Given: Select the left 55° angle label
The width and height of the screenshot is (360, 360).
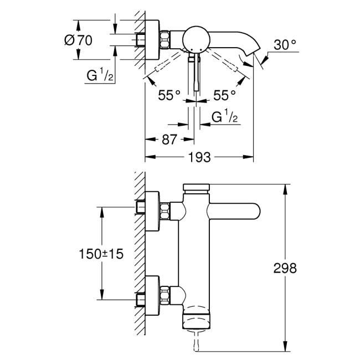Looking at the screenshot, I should coord(169,95).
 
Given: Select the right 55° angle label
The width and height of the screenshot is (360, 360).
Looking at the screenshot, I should coord(224,95).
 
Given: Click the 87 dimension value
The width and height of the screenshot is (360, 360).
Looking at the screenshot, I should coord(169,140).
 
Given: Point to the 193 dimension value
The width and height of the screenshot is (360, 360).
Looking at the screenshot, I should coord(199,158).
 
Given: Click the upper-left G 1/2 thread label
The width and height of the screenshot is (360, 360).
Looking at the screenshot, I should coord(100,76).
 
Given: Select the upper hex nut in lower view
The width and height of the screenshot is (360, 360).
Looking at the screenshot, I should coord(166,210).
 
